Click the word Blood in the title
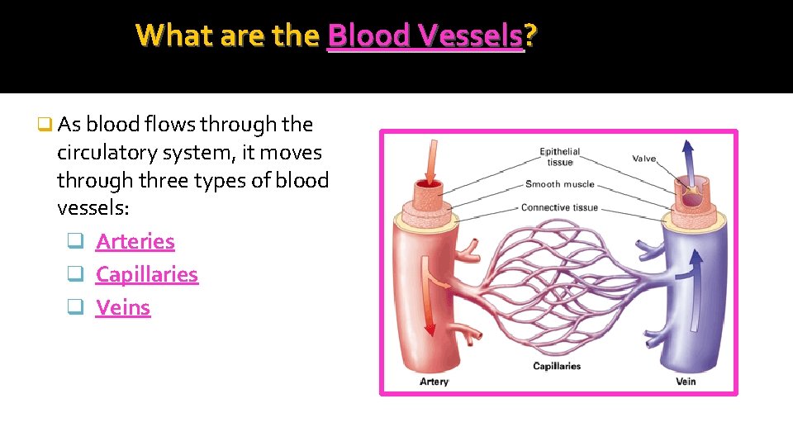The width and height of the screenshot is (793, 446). tap(369, 36)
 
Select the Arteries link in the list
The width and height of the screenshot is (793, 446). tap(135, 242)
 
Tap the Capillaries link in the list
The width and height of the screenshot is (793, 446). tap(147, 275)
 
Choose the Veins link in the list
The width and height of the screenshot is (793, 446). tap(123, 308)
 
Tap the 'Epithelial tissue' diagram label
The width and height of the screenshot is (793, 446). tap(559, 157)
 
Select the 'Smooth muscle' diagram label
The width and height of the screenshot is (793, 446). tap(559, 184)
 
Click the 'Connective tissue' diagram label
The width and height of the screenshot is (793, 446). tap(559, 207)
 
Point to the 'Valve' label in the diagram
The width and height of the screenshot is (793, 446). tap(645, 158)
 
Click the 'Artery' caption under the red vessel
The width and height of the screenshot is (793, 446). tap(434, 382)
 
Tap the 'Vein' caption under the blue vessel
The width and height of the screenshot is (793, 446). tap(686, 382)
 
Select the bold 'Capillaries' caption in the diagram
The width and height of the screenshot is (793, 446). tap(557, 366)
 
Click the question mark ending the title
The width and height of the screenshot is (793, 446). tap(529, 36)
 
